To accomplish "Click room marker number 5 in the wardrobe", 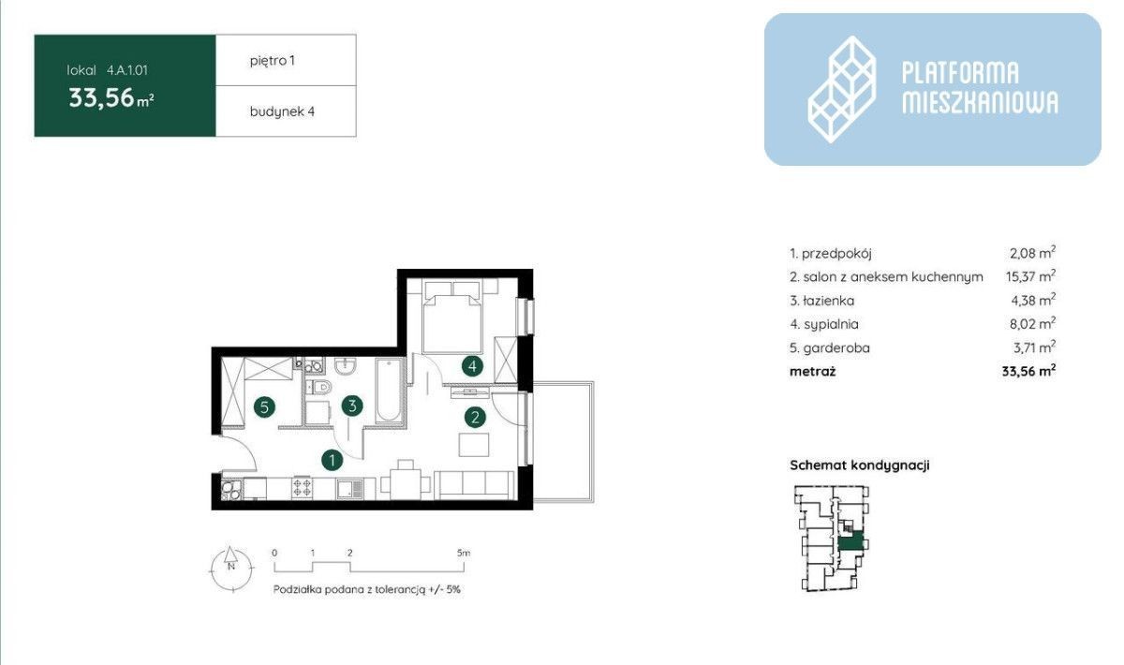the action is [x=264, y=407].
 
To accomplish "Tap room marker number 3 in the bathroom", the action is [x=352, y=406].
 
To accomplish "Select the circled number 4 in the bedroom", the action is [x=472, y=366].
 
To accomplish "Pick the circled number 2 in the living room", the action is [x=475, y=417].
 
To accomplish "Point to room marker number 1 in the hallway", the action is [x=333, y=460].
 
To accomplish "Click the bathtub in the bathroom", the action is [x=389, y=391].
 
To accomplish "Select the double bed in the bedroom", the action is [x=452, y=318].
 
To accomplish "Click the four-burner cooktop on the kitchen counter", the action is [x=302, y=487].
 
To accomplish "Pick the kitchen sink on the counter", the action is [x=350, y=489].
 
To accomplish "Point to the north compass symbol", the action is [x=231, y=569].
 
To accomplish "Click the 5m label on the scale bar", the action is [x=464, y=554].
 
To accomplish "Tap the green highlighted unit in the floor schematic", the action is [x=850, y=543].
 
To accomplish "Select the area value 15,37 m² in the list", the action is [x=1030, y=276].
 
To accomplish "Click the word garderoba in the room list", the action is [x=836, y=347].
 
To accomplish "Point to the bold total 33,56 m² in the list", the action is [x=1028, y=372].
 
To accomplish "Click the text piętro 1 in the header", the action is [x=273, y=61].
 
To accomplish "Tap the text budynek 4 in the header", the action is [x=282, y=111].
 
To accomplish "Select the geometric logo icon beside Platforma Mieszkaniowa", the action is [x=842, y=89].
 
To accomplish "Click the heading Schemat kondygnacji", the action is [x=860, y=465].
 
